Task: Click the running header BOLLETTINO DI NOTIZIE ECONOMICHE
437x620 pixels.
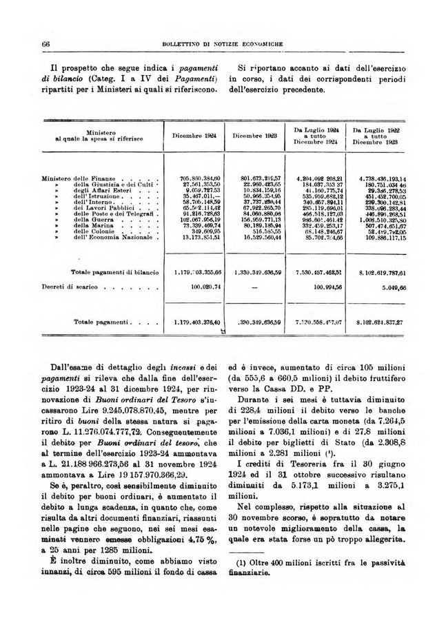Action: pyautogui.click(x=218, y=44)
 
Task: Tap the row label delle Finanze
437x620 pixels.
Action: pyautogui.click(x=96, y=178)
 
